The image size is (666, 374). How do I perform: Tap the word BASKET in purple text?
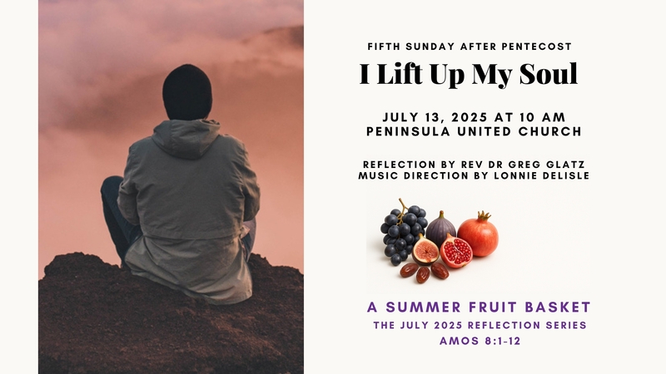[555, 308]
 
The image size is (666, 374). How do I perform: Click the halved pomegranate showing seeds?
[455, 251]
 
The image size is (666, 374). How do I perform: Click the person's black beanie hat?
[186, 91]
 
